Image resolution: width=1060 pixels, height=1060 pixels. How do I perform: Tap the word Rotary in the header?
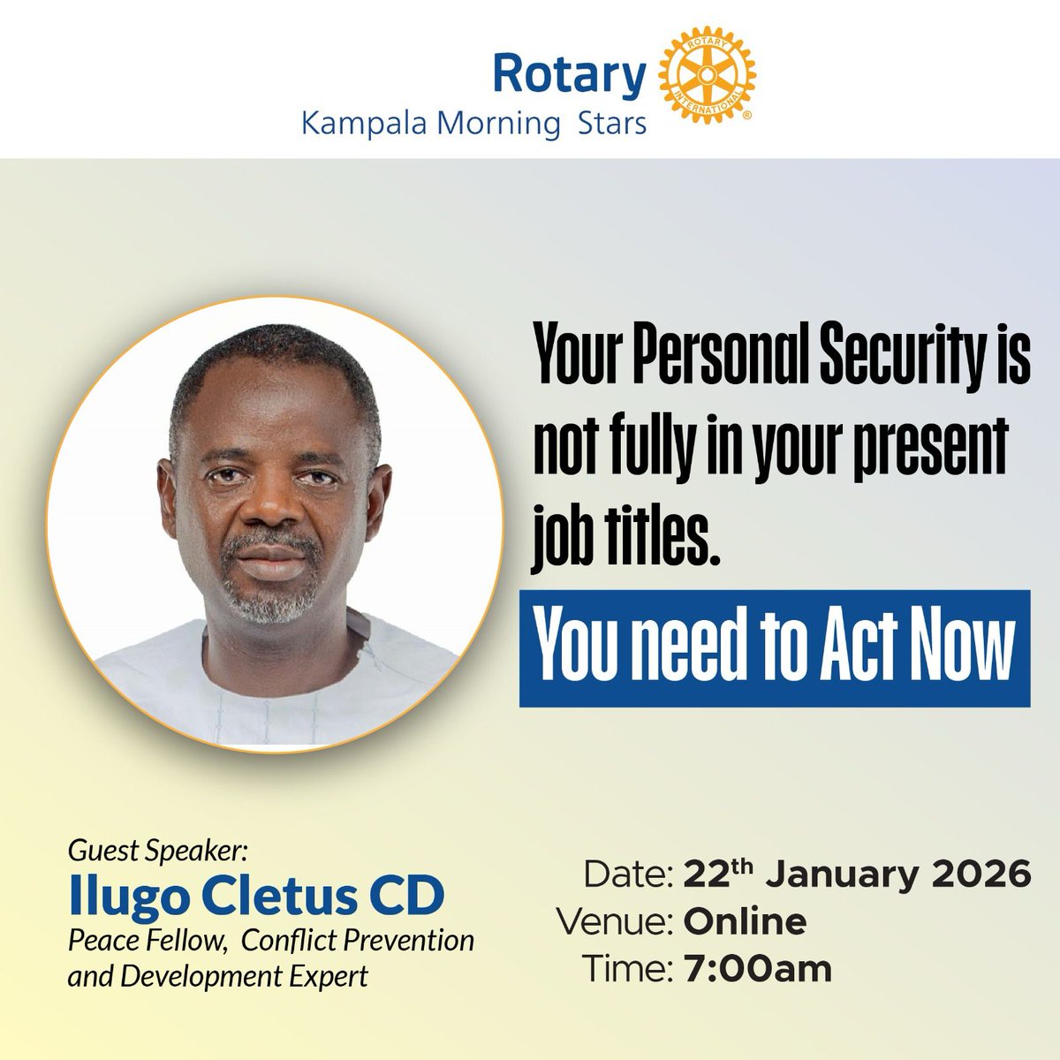click(x=569, y=73)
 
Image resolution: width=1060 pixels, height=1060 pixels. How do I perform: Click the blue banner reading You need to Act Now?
click(x=774, y=647)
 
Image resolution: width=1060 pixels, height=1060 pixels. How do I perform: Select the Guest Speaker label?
click(x=159, y=854)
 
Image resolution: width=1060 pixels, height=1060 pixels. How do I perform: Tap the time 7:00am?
click(x=758, y=969)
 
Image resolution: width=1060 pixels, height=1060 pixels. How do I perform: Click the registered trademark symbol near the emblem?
click(x=747, y=116)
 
